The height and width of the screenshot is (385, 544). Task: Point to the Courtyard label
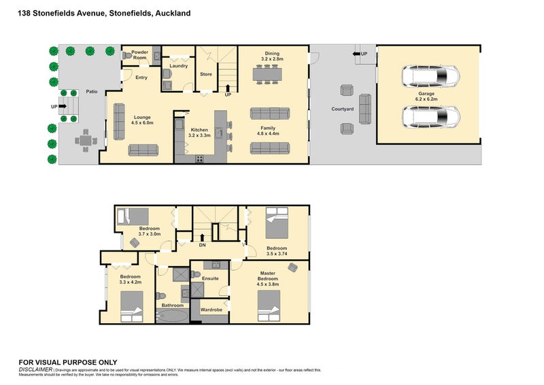pos(342,108)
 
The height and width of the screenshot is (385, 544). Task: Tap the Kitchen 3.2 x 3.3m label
pos(199,132)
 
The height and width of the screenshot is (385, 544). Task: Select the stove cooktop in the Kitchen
pos(201,158)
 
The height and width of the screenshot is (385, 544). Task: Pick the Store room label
pos(206,74)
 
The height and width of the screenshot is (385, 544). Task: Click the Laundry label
pos(179,65)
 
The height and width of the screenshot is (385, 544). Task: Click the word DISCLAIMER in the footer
pos(35,369)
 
